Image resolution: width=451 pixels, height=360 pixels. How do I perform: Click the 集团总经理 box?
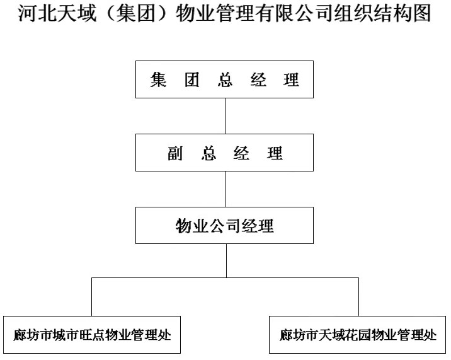click(224, 79)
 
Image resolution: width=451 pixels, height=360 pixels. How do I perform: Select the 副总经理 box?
click(224, 153)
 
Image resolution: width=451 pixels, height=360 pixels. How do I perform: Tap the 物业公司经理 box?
click(224, 225)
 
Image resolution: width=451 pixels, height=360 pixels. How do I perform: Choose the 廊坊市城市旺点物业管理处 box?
click(92, 335)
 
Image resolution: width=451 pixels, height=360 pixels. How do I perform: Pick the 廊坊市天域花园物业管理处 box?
click(357, 335)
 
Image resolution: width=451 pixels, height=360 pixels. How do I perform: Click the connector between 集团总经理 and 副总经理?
click(226, 116)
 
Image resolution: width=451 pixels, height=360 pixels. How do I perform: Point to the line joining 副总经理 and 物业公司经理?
click(226, 189)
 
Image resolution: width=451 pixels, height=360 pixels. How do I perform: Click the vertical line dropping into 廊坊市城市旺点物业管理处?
click(92, 297)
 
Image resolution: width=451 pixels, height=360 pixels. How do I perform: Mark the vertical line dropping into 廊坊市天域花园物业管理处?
click(358, 297)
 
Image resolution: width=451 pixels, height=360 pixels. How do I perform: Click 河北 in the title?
click(37, 13)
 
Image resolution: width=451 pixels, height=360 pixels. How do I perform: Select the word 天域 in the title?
click(77, 13)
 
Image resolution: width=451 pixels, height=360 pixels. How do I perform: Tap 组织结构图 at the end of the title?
click(382, 13)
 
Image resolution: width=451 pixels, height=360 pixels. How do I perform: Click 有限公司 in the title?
click(294, 13)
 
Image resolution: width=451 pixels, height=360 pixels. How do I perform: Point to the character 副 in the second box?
click(175, 153)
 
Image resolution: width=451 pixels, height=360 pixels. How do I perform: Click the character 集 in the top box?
click(158, 79)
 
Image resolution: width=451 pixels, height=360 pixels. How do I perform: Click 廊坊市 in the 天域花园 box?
click(299, 335)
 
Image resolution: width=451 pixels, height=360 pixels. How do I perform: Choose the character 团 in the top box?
click(192, 79)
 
